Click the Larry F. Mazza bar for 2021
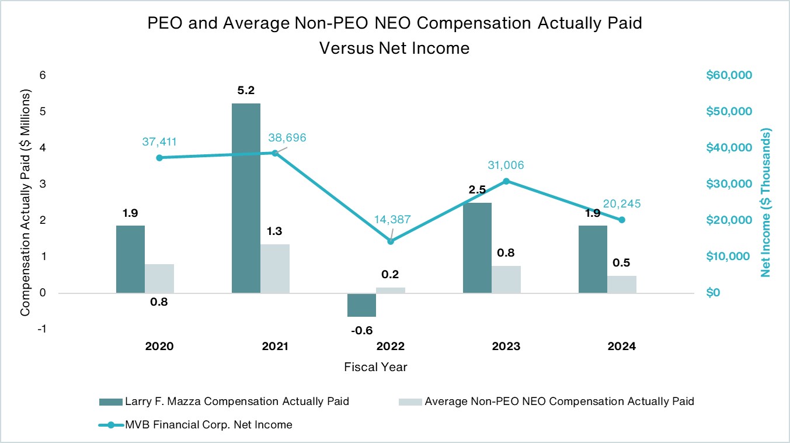[246, 198]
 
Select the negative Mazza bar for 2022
[361, 304]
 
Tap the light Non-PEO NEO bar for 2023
[506, 279]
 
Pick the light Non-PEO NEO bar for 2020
[159, 278]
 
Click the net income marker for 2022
[391, 241]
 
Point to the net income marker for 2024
[622, 220]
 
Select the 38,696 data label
[287, 138]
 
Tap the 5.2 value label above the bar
[246, 91]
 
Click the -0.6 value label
[361, 331]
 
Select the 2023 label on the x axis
[506, 346]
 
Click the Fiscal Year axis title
[375, 368]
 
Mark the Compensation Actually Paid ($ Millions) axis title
[25, 203]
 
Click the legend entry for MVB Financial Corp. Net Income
[208, 425]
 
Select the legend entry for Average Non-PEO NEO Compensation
[559, 402]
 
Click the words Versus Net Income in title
[394, 48]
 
